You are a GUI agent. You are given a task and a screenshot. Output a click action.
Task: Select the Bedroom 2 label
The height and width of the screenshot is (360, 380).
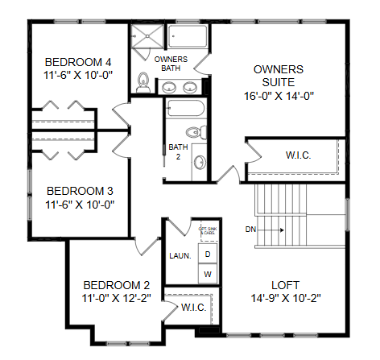pyautogui.click(x=117, y=284)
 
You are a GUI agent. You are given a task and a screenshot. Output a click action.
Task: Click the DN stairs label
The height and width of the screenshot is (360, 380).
pyautogui.click(x=251, y=230)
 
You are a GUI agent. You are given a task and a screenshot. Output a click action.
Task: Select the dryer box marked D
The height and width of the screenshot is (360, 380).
pyautogui.click(x=208, y=254)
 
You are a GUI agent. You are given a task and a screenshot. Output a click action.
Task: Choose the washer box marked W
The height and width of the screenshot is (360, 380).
pyautogui.click(x=208, y=275)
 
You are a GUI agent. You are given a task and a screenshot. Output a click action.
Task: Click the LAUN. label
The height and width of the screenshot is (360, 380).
pyautogui.click(x=180, y=256)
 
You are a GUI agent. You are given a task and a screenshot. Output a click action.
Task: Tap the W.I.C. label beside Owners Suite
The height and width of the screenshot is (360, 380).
pyautogui.click(x=299, y=155)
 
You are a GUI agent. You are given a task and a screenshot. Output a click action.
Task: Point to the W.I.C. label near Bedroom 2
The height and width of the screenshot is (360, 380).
pyautogui.click(x=193, y=307)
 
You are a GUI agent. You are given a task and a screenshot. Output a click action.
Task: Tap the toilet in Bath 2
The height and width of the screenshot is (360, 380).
pyautogui.click(x=193, y=133)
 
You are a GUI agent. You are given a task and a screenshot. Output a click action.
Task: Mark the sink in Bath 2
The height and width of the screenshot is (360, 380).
pyautogui.click(x=199, y=161)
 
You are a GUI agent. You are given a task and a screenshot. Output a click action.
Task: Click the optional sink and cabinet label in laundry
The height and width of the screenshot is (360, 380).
pyautogui.click(x=207, y=232)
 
